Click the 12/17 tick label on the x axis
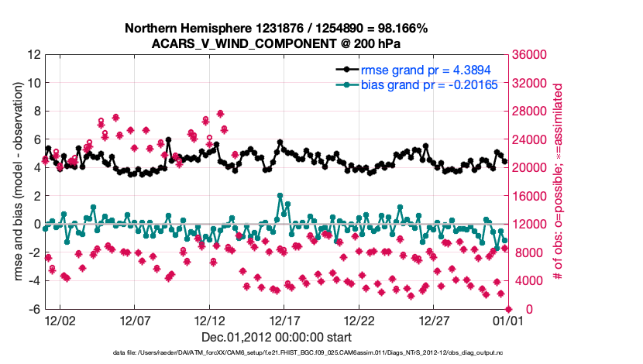point(284,320)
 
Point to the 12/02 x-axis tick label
point(60,320)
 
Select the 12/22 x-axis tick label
point(359,320)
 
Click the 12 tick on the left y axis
point(33,55)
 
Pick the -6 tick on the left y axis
point(33,309)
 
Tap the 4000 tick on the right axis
point(528,281)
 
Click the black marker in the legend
point(345,70)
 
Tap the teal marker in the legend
point(345,84)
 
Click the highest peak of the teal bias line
point(280,196)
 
